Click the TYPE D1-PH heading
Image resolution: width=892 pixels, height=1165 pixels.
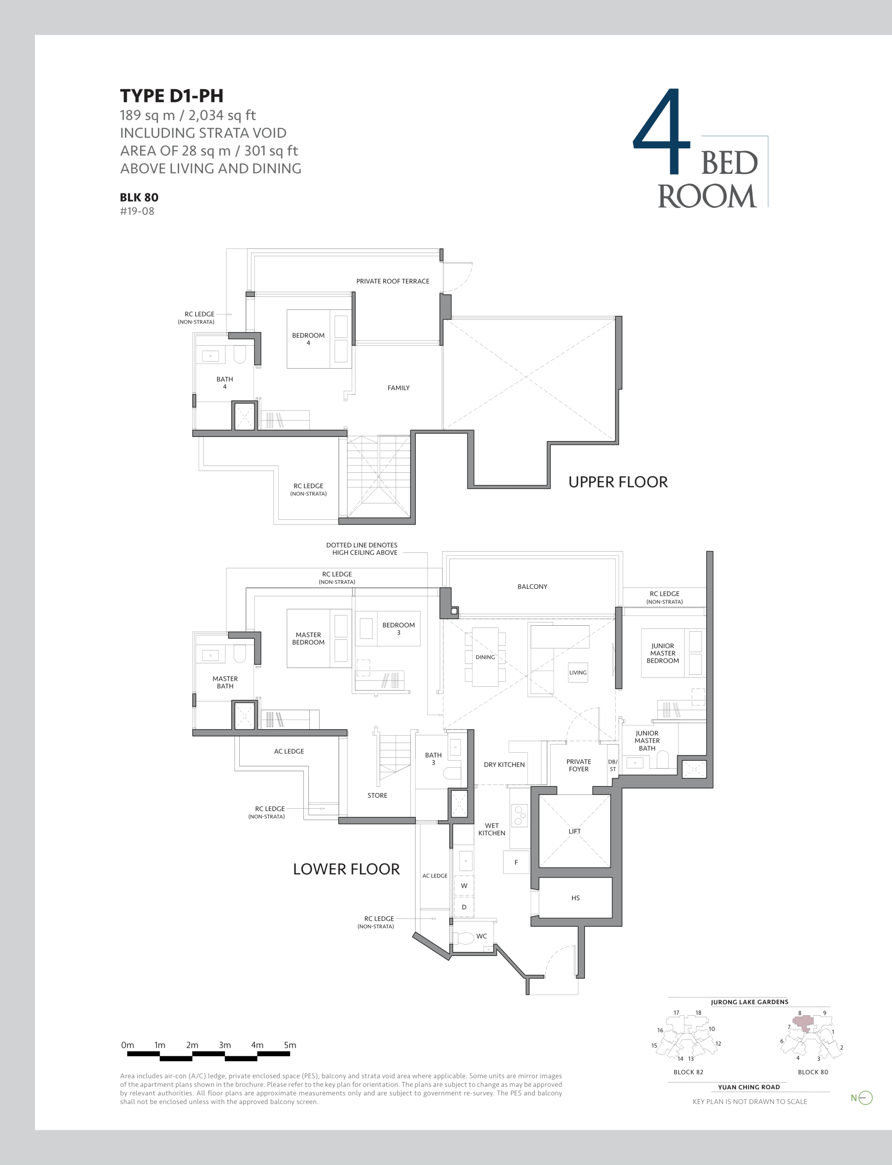171,96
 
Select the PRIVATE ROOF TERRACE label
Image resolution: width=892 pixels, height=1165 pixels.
393,281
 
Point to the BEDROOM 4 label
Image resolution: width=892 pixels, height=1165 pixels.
308,339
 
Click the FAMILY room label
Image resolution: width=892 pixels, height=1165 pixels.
398,388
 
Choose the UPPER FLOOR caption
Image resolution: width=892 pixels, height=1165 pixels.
618,482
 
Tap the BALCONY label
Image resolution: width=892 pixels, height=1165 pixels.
532,587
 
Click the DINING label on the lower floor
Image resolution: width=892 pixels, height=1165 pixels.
485,657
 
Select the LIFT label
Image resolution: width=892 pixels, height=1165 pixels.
575,831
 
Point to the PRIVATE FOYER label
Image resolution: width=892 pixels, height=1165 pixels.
578,765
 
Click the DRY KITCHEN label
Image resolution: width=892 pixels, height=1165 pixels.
504,765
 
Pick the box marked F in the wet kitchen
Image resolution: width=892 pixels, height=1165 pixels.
515,862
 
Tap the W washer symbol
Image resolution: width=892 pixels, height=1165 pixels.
464,886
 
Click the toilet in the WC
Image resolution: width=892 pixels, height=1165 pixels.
464,938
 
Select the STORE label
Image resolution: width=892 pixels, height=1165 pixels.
377,795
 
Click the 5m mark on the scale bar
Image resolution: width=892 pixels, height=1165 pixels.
290,1045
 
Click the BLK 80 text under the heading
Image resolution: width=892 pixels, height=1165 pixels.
139,198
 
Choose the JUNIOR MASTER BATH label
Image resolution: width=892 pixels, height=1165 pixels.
647,740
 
